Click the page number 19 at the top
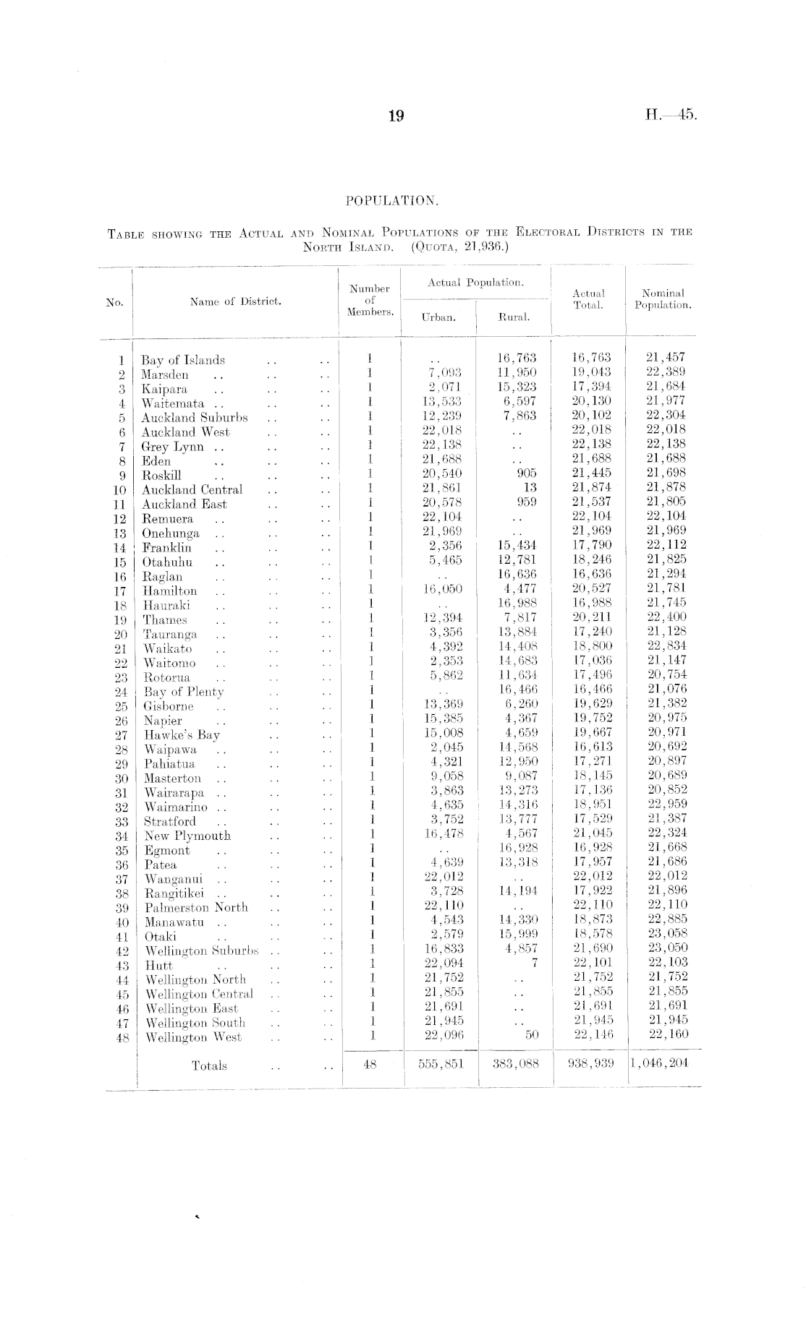click(x=395, y=116)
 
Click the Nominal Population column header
click(x=663, y=299)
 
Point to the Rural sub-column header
click(x=514, y=317)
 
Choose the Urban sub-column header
click(x=438, y=317)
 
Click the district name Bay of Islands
click(x=183, y=360)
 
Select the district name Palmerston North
click(x=196, y=907)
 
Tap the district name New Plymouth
click(x=187, y=836)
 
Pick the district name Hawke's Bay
click(x=182, y=735)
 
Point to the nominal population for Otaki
click(x=668, y=933)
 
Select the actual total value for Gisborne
click(x=592, y=704)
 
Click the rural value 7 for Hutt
click(x=534, y=963)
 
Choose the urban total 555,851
click(x=441, y=1064)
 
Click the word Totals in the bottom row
click(x=209, y=1065)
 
